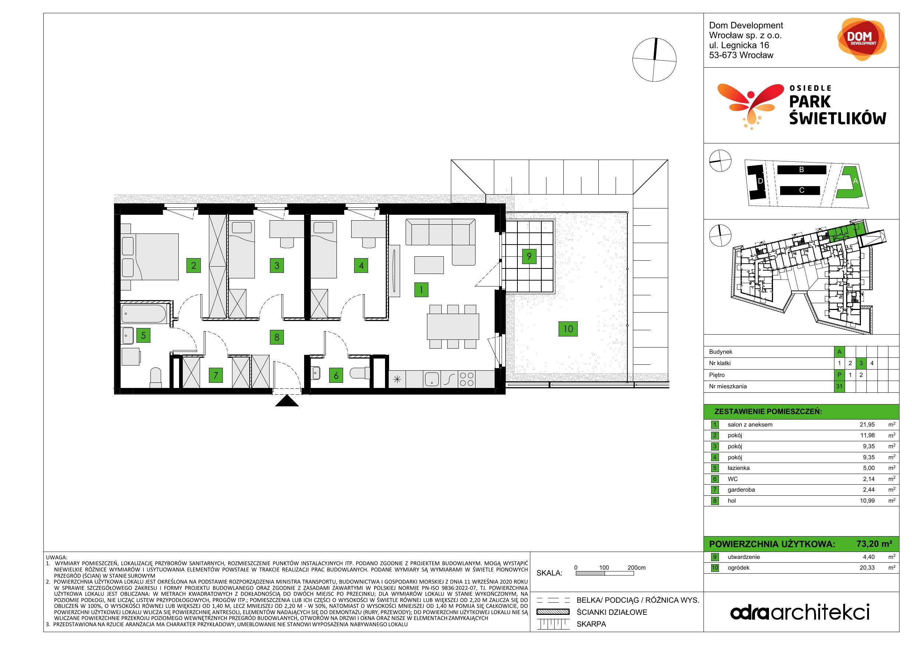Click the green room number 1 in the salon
point(421,289)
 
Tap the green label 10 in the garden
point(568,329)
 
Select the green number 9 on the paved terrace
point(529,256)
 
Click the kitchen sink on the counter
point(432,379)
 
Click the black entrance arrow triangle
point(287,401)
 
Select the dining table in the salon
point(453,326)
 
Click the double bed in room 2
point(150,257)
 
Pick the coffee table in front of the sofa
point(429,265)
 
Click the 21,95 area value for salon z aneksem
point(867,425)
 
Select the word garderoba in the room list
point(741,490)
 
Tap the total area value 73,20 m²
point(874,544)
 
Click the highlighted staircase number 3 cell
point(861,363)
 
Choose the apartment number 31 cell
point(839,386)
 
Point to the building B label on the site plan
point(802,170)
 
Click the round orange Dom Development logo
point(862,39)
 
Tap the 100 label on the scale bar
point(604,567)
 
